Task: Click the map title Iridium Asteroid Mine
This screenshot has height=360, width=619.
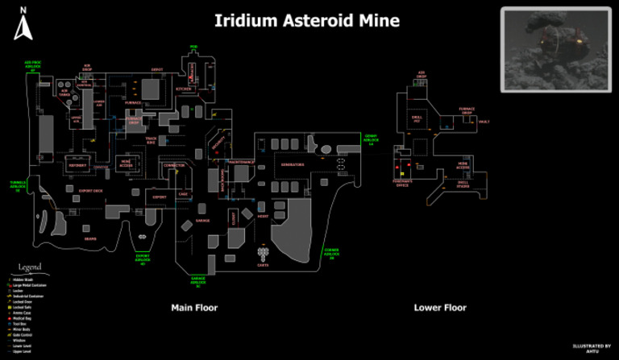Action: click(306, 21)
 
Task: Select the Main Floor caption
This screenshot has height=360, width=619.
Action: click(194, 308)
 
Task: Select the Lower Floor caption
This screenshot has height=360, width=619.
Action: click(440, 308)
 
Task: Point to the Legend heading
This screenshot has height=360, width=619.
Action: click(30, 267)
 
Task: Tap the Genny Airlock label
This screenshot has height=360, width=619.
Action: click(371, 139)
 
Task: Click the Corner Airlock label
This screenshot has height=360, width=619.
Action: click(331, 253)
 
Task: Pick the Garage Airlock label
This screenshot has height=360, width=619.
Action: click(198, 282)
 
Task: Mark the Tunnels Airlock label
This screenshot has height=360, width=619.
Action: click(18, 185)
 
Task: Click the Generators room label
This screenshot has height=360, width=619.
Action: click(293, 164)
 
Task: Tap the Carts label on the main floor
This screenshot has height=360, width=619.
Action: click(263, 265)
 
